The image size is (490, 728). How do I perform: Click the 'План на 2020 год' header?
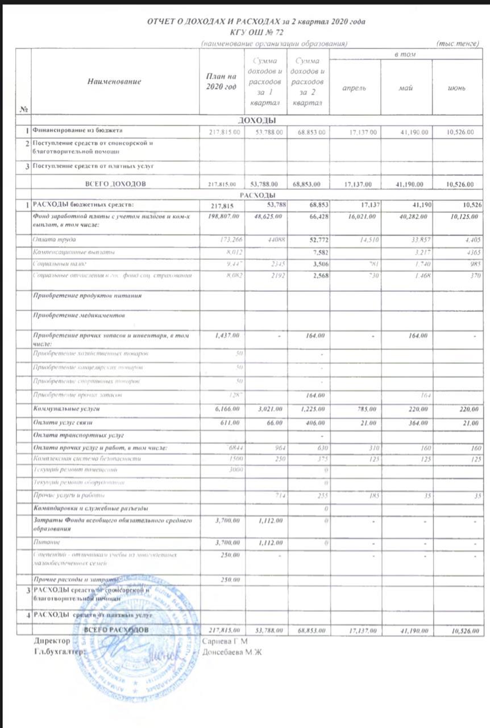[222, 81]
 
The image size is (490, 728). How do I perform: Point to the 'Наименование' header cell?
[114, 81]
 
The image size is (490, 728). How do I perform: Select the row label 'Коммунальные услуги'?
[67, 409]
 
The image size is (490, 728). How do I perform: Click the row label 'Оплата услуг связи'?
[63, 422]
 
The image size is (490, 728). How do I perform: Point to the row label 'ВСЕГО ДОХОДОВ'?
[115, 184]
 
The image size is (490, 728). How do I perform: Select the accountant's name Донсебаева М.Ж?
[231, 652]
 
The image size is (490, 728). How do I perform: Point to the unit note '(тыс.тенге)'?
[458, 43]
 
